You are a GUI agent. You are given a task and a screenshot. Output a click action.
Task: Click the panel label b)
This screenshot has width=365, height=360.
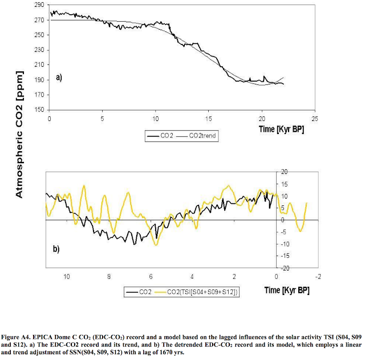pyautogui.click(x=55, y=249)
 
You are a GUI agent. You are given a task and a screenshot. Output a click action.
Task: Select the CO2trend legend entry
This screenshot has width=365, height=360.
pyautogui.click(x=198, y=136)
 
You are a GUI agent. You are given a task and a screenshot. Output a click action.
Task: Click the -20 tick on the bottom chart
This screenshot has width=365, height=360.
pyautogui.click(x=285, y=268)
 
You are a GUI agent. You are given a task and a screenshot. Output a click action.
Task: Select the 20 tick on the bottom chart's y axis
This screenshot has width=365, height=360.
pyautogui.click(x=284, y=172)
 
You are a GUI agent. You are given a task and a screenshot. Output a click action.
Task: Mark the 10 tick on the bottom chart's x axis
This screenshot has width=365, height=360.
pyautogui.click(x=66, y=276)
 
